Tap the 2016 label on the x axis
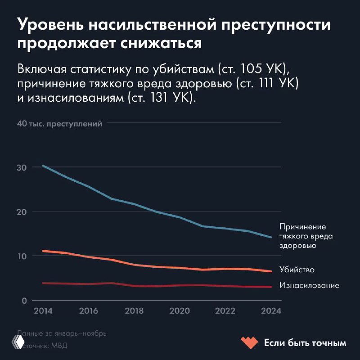pos(88,311)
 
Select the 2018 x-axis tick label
pos(134,311)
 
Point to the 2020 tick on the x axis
pos(180,311)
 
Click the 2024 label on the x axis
pos(271,311)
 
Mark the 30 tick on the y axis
pos(22,167)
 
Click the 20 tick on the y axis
pos(22,212)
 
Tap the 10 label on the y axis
pos(22,256)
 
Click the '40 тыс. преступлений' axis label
pos(60,124)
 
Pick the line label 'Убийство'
pos(297,270)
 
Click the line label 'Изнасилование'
pos(309,285)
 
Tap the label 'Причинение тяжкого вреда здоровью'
pos(302,236)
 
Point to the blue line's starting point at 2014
pos(43,166)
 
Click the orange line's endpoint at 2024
pos(271,271)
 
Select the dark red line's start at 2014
pos(43,283)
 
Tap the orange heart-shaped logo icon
pos(249,343)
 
